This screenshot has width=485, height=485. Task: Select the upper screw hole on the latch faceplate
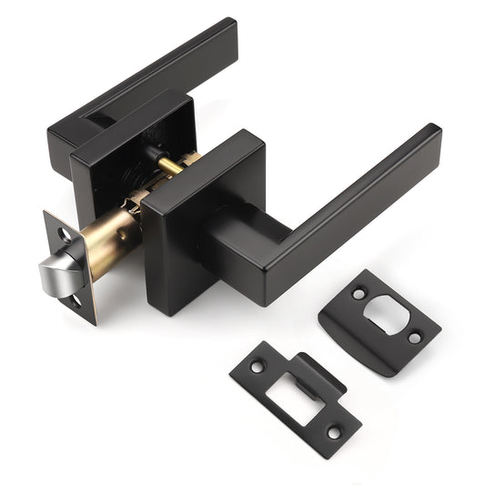click(63, 234)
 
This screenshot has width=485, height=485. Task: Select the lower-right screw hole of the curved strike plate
click(415, 338)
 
